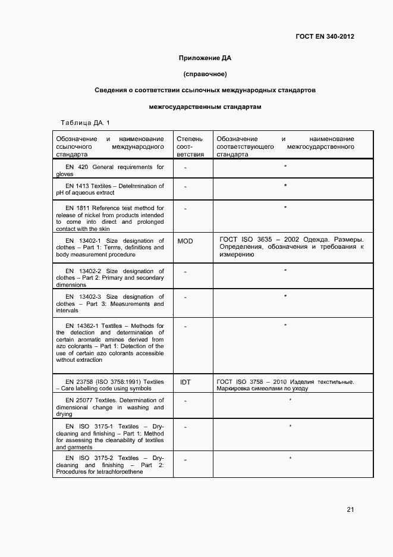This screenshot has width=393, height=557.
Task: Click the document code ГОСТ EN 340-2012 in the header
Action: coord(325,36)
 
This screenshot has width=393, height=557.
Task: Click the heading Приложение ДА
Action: coord(205,58)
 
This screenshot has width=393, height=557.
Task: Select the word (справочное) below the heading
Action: coord(205,74)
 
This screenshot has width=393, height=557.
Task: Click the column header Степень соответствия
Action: coord(190,146)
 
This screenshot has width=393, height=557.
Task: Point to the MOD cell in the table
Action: coord(186,241)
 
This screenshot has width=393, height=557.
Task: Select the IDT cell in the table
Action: coord(185,382)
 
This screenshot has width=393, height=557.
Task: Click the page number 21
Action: coord(350,509)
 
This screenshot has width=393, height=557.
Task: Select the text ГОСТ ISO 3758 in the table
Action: coord(241,381)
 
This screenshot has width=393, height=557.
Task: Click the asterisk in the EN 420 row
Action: coord(285,166)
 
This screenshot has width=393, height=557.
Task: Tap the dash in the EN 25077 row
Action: coord(186,401)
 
